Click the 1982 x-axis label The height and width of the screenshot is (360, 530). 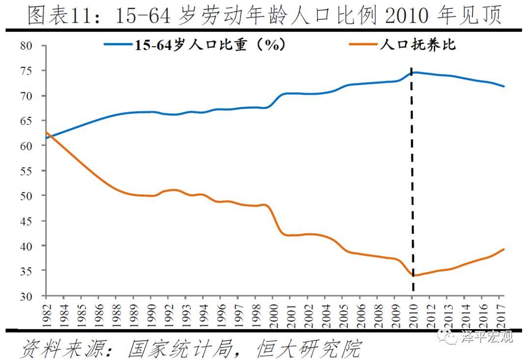pos(46,310)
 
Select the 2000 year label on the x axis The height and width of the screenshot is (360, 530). pos(272,310)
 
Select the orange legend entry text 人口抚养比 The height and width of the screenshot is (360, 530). pos(418,45)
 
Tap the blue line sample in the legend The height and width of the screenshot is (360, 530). pos(118,45)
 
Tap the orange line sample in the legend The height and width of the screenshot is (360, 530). pos(363,45)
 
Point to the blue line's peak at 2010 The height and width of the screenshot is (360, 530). pos(415,72)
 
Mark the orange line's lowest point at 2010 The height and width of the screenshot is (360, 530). pos(414,276)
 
